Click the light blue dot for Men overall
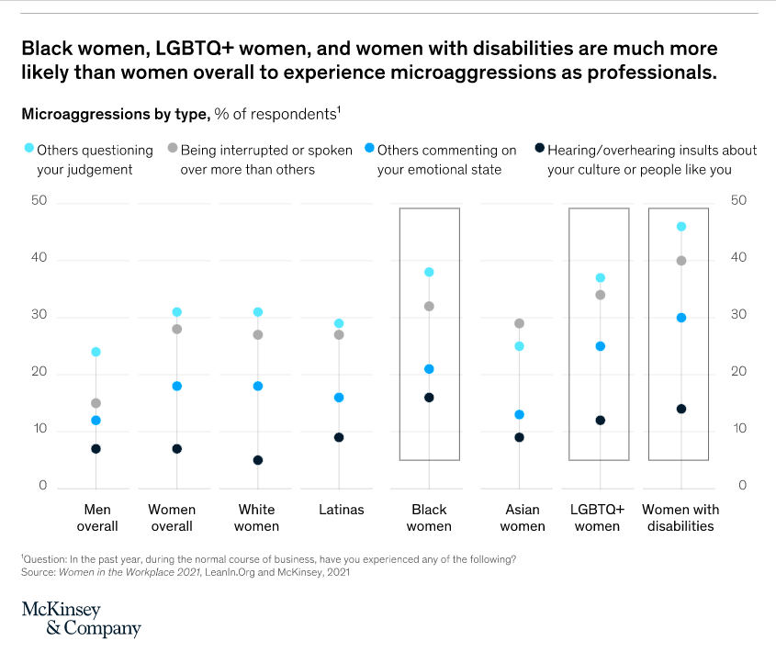[96, 352]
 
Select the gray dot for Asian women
[519, 323]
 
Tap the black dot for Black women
[429, 398]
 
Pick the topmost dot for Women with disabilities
[681, 226]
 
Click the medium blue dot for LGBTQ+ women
[600, 346]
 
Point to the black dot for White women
[258, 460]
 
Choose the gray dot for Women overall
[177, 329]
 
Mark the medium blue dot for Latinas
[339, 398]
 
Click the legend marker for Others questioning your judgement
[28, 147]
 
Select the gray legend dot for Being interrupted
[173, 147]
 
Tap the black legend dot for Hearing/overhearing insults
[540, 147]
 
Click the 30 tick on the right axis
[738, 315]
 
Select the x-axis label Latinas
[341, 510]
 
